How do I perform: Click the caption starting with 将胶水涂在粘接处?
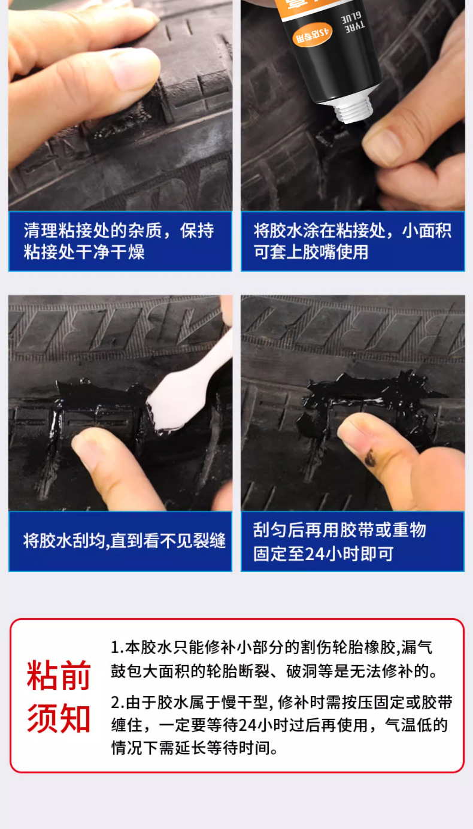[352, 241]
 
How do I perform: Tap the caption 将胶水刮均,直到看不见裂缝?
[124, 541]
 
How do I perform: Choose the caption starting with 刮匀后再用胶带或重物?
[339, 541]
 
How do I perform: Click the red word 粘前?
[59, 676]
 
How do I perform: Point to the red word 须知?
[59, 719]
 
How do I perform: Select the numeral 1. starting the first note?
[117, 648]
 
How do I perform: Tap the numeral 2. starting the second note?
[117, 702]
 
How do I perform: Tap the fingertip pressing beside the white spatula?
[90, 446]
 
